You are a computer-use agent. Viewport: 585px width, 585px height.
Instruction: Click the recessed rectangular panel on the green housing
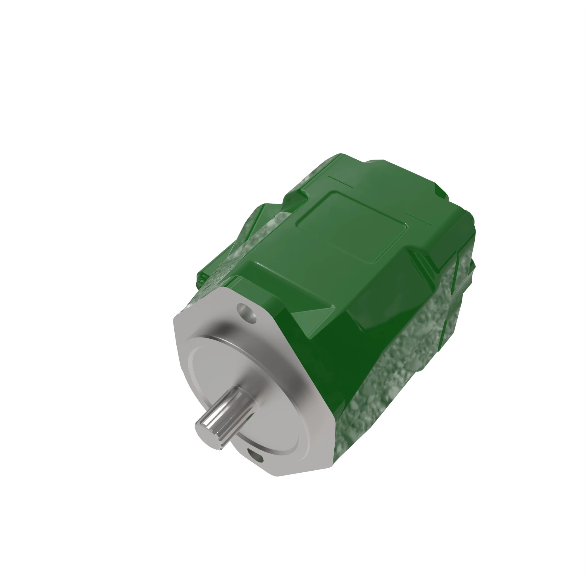click(351, 227)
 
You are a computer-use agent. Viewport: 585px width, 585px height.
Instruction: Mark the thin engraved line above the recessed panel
click(341, 181)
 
